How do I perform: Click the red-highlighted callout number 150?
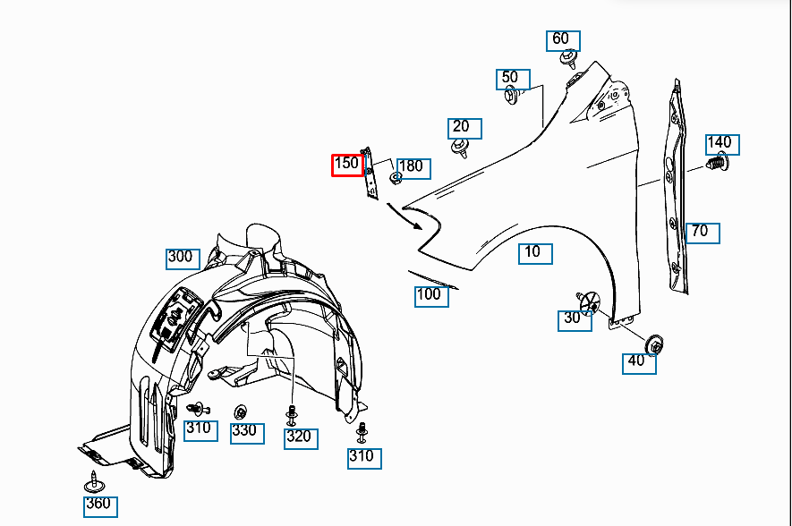pyautogui.click(x=347, y=165)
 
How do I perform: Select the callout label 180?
pyautogui.click(x=411, y=167)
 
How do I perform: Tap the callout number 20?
pyautogui.click(x=462, y=128)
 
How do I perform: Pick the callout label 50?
pyautogui.click(x=511, y=79)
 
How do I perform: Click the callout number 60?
pyautogui.click(x=561, y=40)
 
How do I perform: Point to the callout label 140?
pyautogui.click(x=720, y=143)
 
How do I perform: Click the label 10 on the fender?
pyautogui.click(x=533, y=253)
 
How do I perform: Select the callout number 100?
pyautogui.click(x=430, y=295)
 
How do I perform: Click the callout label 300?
pyautogui.click(x=181, y=258)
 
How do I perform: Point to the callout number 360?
pyautogui.click(x=99, y=505)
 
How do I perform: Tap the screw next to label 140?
pyautogui.click(x=717, y=165)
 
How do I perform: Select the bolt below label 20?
pyautogui.click(x=461, y=147)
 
